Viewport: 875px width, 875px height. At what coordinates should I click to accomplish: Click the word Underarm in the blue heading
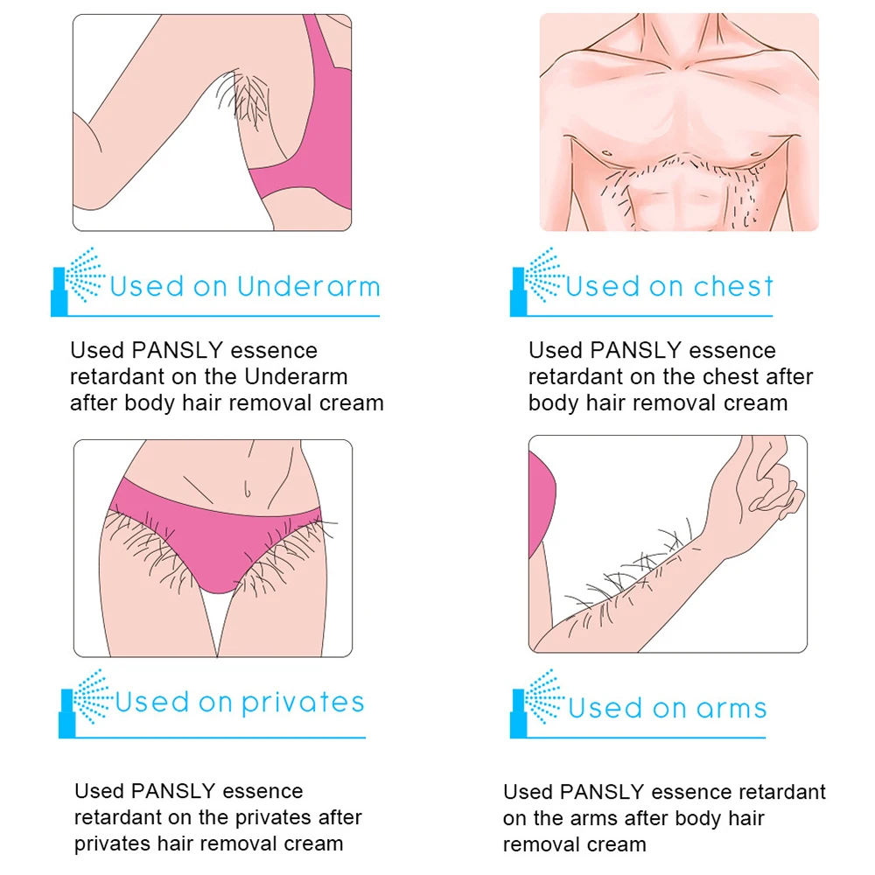(309, 286)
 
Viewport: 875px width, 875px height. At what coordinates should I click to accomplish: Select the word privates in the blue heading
(303, 703)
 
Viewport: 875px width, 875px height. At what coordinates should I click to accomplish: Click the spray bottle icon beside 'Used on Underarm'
(77, 281)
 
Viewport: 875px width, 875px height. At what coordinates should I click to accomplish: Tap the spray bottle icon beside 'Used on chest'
(536, 281)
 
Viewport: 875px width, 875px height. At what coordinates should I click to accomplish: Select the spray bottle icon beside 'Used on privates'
(86, 703)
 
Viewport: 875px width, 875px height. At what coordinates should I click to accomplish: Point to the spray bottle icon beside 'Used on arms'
(536, 703)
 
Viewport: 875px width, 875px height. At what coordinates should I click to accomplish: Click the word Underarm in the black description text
(296, 376)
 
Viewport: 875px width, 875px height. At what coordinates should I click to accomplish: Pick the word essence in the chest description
(732, 351)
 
